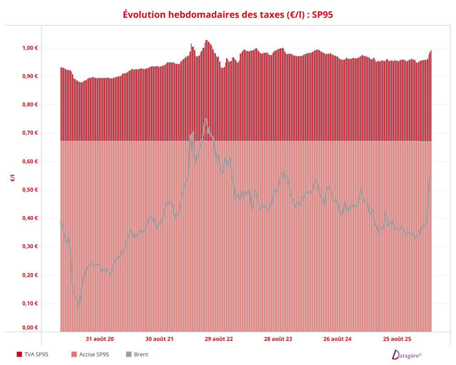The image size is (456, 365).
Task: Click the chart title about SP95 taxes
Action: click(x=228, y=15)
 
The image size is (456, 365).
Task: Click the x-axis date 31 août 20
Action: click(x=100, y=339)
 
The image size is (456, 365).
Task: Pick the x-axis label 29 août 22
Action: click(x=219, y=339)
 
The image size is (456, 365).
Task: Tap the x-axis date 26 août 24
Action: click(x=337, y=339)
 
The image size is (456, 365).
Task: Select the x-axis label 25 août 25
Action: click(x=397, y=339)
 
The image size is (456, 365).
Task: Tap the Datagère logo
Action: click(x=407, y=355)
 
